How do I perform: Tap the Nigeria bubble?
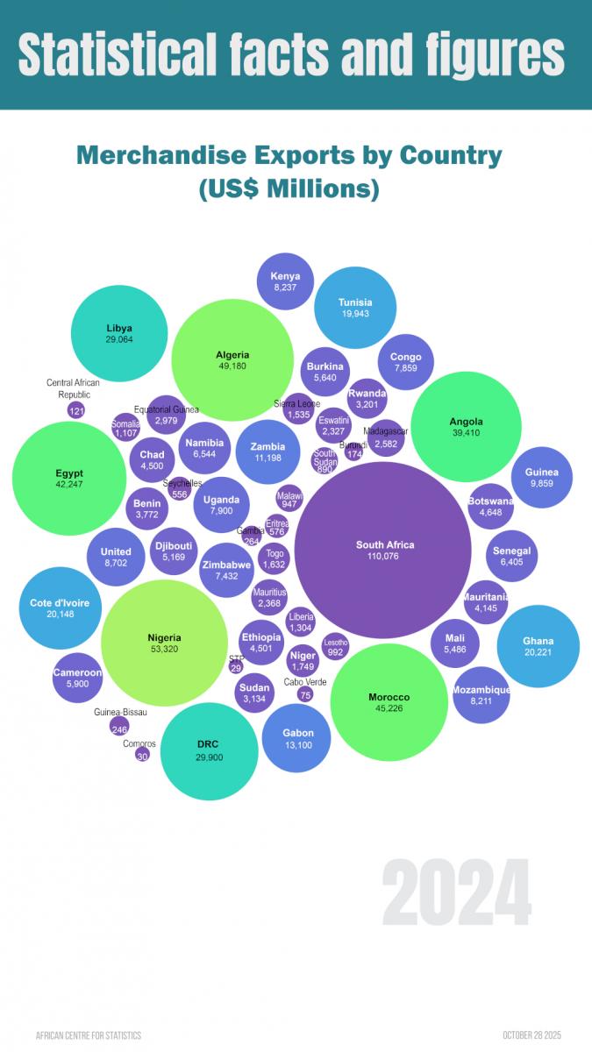pyautogui.click(x=164, y=643)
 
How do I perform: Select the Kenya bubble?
pyautogui.click(x=285, y=281)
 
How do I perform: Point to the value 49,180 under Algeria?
pyautogui.click(x=232, y=367)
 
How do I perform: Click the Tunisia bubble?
pyautogui.click(x=355, y=308)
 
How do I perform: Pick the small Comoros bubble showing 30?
pyautogui.click(x=142, y=754)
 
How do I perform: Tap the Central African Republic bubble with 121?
pyautogui.click(x=76, y=410)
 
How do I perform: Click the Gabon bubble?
pyautogui.click(x=297, y=738)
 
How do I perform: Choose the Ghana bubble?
pyautogui.click(x=538, y=646)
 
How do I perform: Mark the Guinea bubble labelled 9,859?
pyautogui.click(x=542, y=477)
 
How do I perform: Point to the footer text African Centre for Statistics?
pyautogui.click(x=89, y=1035)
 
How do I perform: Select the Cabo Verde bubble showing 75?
pyautogui.click(x=305, y=694)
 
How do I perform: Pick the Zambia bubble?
pyautogui.click(x=267, y=452)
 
